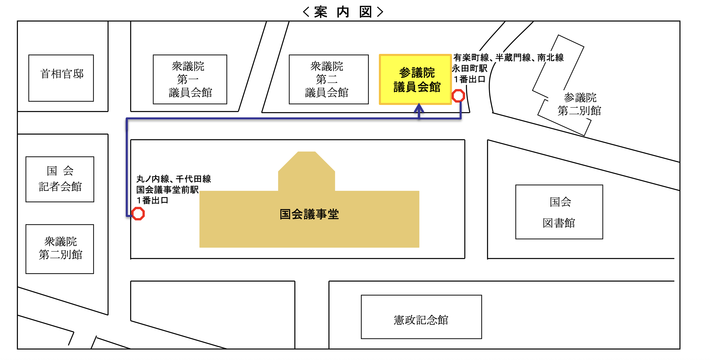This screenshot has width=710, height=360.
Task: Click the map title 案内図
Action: pyautogui.click(x=343, y=12)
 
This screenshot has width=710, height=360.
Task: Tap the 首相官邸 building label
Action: pyautogui.click(x=62, y=74)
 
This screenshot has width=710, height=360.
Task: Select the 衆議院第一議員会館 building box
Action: pyautogui.click(x=190, y=79)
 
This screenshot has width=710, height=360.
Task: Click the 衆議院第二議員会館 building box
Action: pyautogui.click(x=329, y=79)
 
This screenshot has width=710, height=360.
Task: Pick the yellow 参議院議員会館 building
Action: pyautogui.click(x=415, y=79)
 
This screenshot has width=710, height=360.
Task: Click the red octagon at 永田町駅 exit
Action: pyautogui.click(x=458, y=96)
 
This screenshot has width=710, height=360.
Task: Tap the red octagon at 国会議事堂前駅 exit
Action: pyautogui.click(x=138, y=213)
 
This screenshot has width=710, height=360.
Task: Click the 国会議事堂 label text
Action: pyautogui.click(x=309, y=214)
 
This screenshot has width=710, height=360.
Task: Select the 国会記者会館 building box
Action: pyautogui.click(x=60, y=179)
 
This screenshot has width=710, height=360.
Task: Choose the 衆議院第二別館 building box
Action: pyautogui.click(x=60, y=249)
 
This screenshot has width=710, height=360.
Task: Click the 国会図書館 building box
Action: pyautogui.click(x=559, y=212)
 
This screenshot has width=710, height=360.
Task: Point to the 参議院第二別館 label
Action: pyautogui.click(x=580, y=104)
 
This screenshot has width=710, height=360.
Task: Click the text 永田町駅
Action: pyautogui.click(x=470, y=68)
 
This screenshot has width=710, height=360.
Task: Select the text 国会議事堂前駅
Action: pyautogui.click(x=167, y=190)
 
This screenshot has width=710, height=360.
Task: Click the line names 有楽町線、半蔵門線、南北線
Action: pyautogui.click(x=508, y=57)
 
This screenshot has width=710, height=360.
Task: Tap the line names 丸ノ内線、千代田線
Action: pyautogui.click(x=174, y=179)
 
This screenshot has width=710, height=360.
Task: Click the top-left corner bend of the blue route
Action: pyautogui.click(x=127, y=119)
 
